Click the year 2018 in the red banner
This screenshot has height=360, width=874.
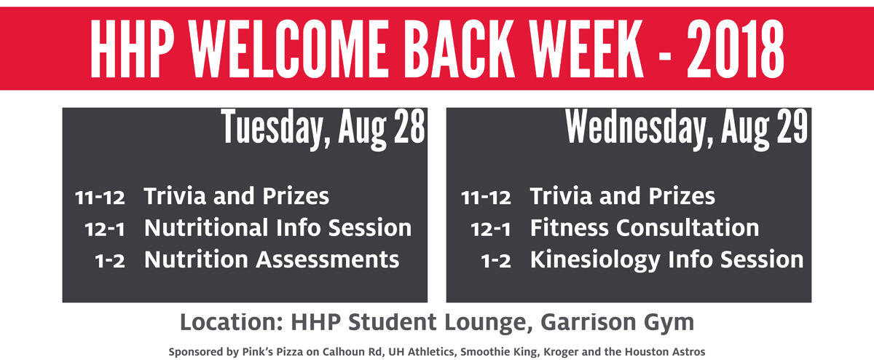click(736, 48)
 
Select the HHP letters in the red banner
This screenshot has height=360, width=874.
click(133, 48)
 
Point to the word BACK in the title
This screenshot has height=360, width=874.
click(459, 48)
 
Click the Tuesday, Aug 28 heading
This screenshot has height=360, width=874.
click(323, 129)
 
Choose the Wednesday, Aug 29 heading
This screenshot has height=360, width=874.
click(687, 129)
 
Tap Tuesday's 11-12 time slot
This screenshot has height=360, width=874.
click(100, 197)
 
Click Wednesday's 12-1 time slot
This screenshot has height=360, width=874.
click(490, 230)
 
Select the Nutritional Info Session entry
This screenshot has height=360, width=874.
click(277, 227)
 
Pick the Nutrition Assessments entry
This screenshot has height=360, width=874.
click(272, 259)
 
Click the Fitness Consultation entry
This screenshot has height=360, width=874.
click(645, 227)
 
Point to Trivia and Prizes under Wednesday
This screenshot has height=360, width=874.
click(622, 195)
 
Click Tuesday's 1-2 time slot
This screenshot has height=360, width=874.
click(110, 261)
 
